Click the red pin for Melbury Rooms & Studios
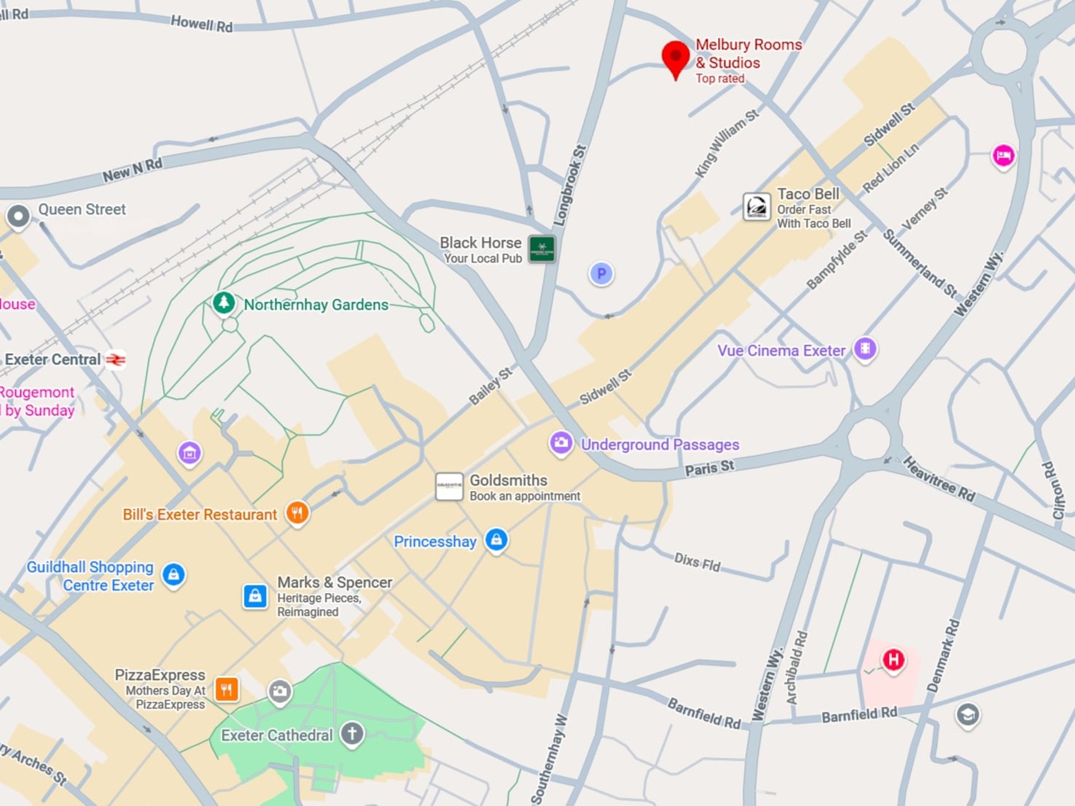pos(675,57)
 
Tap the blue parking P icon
pos(601,274)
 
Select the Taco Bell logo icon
pos(756,207)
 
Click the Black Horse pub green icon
pos(541,249)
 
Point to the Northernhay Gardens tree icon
pos(224,302)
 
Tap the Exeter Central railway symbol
pos(116,360)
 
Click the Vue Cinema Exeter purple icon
pos(865,349)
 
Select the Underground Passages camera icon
pos(561,443)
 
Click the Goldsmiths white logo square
pos(449,486)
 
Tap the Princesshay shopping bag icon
pos(497,540)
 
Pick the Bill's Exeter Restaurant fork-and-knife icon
pos(297,512)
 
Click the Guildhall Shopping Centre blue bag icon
pos(174,575)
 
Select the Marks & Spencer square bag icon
pos(255,596)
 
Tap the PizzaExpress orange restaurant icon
pos(227,689)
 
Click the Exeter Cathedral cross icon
pos(352,733)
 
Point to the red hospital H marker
pos(893,659)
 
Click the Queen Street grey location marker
pos(18,216)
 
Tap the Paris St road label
pos(709,467)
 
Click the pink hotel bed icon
pos(1003,155)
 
